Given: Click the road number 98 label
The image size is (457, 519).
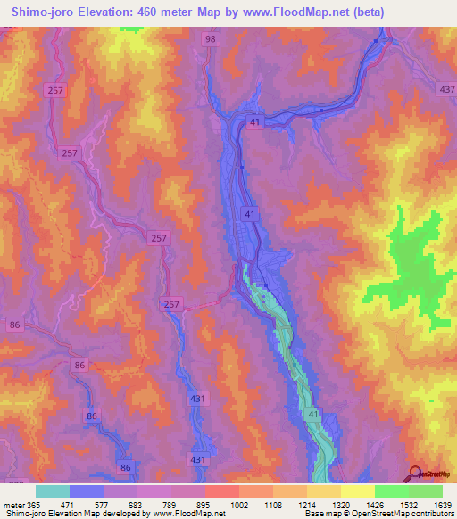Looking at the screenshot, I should [x=210, y=40].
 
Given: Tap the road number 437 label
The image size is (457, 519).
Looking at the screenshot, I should [x=446, y=89].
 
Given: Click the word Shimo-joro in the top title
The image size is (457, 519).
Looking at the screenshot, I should [x=44, y=10].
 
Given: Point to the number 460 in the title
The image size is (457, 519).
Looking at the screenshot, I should [x=156, y=10].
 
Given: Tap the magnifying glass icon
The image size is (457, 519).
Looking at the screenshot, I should [x=415, y=474].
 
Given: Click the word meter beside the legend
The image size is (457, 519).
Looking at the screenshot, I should [x=14, y=504].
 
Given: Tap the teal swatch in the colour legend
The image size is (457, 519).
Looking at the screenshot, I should [x=53, y=491].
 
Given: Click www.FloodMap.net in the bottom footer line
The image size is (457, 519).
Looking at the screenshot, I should [x=183, y=514].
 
